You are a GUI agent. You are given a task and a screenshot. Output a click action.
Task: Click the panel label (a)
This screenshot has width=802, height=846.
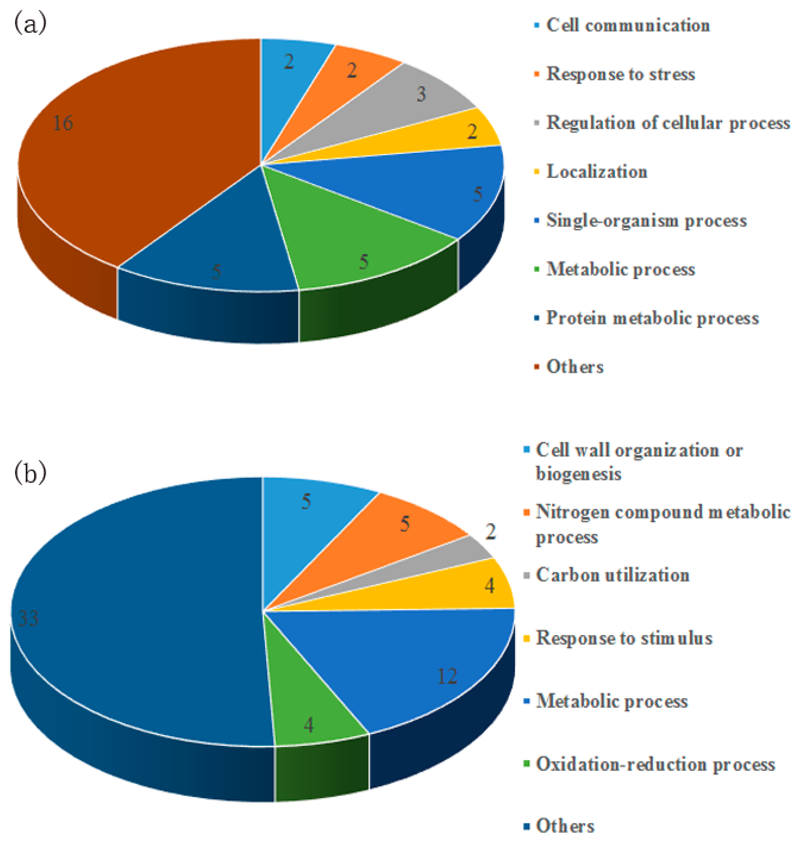30,24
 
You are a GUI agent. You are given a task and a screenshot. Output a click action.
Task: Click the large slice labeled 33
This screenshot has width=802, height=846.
128,620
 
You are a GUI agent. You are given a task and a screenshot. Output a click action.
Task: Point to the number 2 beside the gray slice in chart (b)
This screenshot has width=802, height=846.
490,532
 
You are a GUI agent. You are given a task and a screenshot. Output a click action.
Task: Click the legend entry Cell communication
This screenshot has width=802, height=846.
628,26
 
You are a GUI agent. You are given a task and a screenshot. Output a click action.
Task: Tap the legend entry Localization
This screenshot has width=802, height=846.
597,172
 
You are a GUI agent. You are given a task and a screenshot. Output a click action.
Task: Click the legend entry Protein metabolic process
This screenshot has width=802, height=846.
652,318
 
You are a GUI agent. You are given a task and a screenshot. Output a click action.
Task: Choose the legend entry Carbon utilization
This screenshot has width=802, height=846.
612,575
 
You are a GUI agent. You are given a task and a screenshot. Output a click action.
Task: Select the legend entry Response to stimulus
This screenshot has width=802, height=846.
624,638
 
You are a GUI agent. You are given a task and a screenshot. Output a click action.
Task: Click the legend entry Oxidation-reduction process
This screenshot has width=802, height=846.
655,764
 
